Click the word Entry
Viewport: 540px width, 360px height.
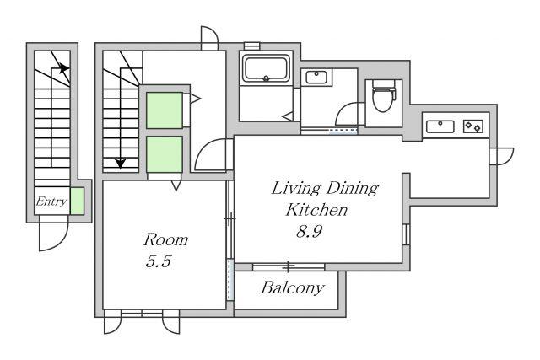click(x=51, y=201)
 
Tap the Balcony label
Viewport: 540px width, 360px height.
click(x=293, y=287)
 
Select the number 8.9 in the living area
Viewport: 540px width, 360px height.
click(x=310, y=232)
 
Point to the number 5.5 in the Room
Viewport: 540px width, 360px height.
click(x=159, y=261)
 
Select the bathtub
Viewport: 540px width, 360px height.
click(x=266, y=68)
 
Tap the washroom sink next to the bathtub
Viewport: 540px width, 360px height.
click(x=316, y=77)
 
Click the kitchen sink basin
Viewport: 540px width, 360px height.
click(x=440, y=126)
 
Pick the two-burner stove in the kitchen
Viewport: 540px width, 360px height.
click(x=472, y=126)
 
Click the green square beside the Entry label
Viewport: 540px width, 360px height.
click(x=77, y=201)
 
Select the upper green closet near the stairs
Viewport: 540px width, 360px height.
click(x=165, y=110)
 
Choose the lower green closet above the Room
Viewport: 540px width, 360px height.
click(x=165, y=154)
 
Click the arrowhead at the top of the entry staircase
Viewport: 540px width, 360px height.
click(x=63, y=68)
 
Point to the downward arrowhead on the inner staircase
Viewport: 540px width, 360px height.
click(x=120, y=164)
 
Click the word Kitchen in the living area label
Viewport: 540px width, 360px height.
click(x=316, y=210)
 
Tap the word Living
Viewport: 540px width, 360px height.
click(x=296, y=189)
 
